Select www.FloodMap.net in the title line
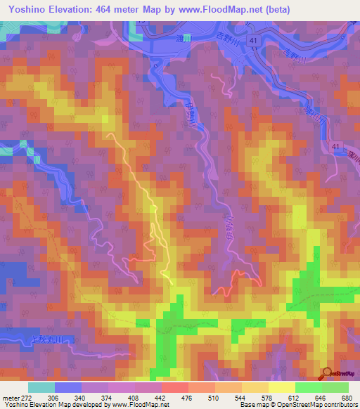coord(212,10)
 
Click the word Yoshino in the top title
coord(27,10)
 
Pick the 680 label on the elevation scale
coord(347,398)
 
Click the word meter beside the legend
coord(10,398)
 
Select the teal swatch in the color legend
coord(41,387)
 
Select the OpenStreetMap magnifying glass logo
coord(326,373)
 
